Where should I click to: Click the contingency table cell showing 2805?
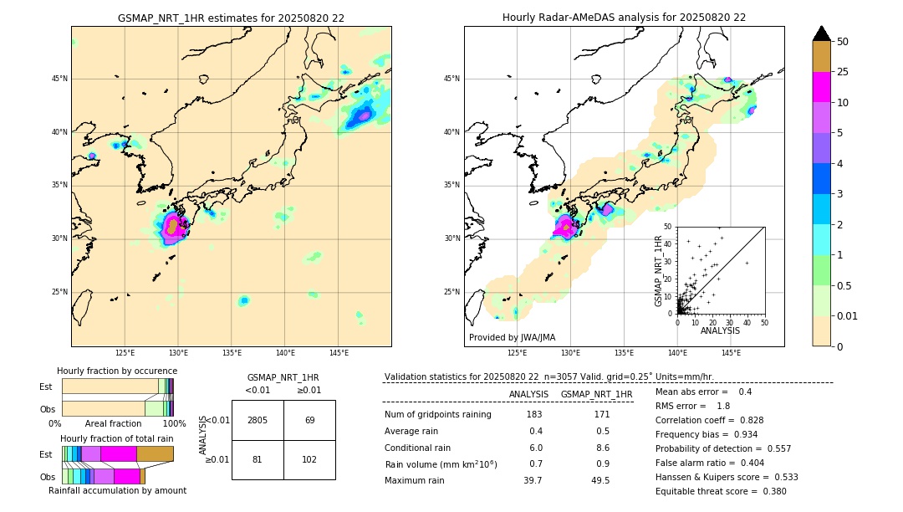(258, 420)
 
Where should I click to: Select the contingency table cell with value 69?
(309, 420)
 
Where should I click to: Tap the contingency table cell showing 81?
(258, 459)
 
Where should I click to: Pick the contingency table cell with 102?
(309, 459)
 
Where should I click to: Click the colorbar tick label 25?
(843, 72)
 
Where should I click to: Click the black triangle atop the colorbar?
(822, 33)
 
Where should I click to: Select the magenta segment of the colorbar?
(822, 87)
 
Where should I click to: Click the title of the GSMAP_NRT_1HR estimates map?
(231, 18)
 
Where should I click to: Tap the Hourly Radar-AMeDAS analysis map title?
(624, 18)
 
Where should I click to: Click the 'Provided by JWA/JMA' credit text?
(512, 337)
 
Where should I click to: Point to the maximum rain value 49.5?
(599, 480)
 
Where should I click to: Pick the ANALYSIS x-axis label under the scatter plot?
(720, 331)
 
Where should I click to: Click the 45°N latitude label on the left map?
(59, 79)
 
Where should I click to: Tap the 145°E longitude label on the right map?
(731, 353)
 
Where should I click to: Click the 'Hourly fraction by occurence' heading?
(117, 371)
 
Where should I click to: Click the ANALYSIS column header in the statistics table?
(528, 394)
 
